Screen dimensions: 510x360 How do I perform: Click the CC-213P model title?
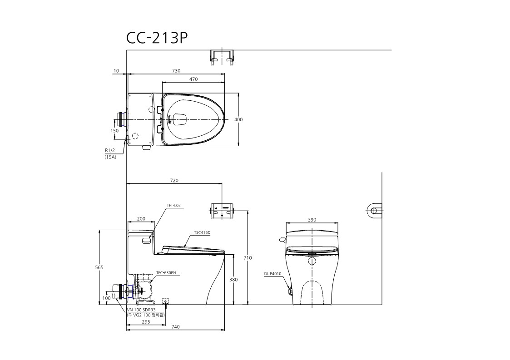[157, 38]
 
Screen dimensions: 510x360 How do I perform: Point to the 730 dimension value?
[176, 71]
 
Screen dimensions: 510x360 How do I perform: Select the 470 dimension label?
[193, 79]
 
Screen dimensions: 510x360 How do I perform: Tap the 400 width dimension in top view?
[238, 120]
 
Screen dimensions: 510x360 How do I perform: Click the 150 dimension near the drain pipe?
[114, 131]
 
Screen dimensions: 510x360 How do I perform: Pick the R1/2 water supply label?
[110, 151]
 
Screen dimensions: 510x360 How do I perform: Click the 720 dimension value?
[174, 181]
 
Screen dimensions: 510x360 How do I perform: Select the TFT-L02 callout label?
[173, 206]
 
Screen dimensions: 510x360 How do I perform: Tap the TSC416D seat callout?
[202, 232]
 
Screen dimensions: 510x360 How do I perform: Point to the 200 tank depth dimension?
[141, 219]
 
